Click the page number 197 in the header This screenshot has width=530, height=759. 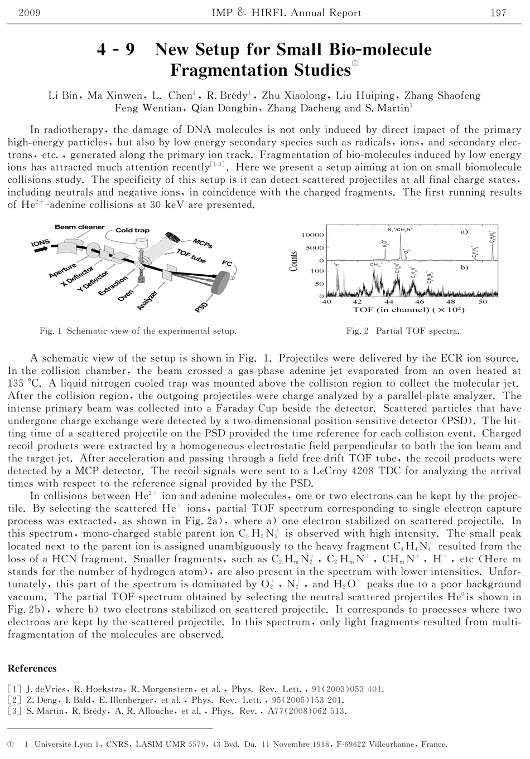[498, 13]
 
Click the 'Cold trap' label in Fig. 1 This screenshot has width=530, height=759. [132, 230]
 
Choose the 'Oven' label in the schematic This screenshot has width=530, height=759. [126, 294]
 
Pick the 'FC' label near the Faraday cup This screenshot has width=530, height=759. [227, 262]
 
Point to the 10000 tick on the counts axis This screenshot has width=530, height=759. [312, 235]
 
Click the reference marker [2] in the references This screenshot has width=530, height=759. [14, 700]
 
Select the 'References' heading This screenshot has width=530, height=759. [32, 669]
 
